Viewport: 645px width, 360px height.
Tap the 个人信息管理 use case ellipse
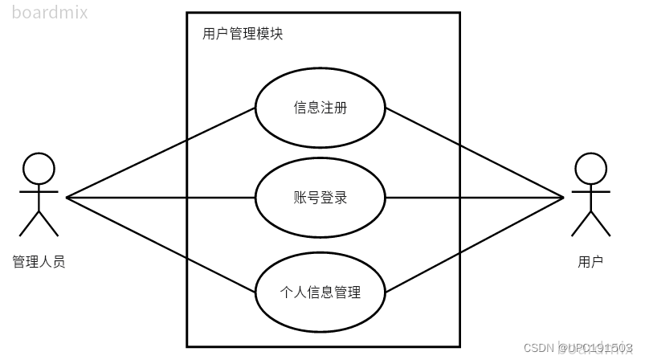pos(320,309)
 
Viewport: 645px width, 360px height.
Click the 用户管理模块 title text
pos(242,35)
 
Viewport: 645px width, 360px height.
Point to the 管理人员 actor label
pos(39,262)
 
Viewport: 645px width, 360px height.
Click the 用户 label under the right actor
pos(590,262)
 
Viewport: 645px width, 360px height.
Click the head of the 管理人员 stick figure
pos(39,170)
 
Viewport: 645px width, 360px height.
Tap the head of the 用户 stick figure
pos(590,170)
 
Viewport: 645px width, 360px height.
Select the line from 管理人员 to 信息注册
pos(161,153)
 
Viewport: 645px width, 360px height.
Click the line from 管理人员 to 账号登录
pos(161,198)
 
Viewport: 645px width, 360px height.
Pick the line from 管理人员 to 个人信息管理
pos(161,244)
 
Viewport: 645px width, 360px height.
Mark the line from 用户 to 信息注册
pos(474,153)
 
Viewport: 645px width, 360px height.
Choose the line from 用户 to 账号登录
pos(474,198)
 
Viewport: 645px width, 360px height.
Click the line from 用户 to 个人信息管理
pos(474,244)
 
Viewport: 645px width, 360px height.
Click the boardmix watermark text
pos(50,12)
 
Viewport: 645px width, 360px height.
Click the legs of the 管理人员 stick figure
pos(39,223)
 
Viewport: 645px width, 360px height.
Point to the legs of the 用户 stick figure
pos(590,223)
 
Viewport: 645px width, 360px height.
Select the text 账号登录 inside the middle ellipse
pos(320,198)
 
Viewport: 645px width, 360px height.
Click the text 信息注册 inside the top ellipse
pos(320,108)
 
